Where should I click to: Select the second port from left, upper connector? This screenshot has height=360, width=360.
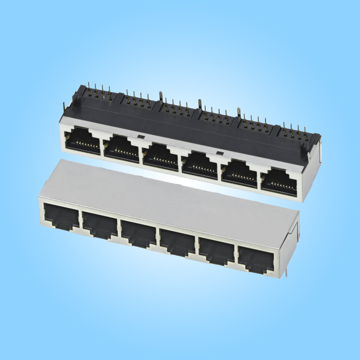[121, 148]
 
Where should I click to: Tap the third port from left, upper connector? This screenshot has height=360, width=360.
[160, 156]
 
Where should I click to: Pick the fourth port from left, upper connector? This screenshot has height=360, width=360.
[199, 164]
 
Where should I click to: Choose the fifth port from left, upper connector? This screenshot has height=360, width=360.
[239, 173]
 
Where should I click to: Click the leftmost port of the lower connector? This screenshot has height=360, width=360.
[61, 216]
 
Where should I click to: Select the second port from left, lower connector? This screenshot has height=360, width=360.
[99, 224]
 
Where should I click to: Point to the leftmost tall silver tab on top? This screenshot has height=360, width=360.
[161, 96]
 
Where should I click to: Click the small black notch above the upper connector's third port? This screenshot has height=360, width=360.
[140, 136]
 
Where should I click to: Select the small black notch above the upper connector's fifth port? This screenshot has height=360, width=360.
[219, 153]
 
